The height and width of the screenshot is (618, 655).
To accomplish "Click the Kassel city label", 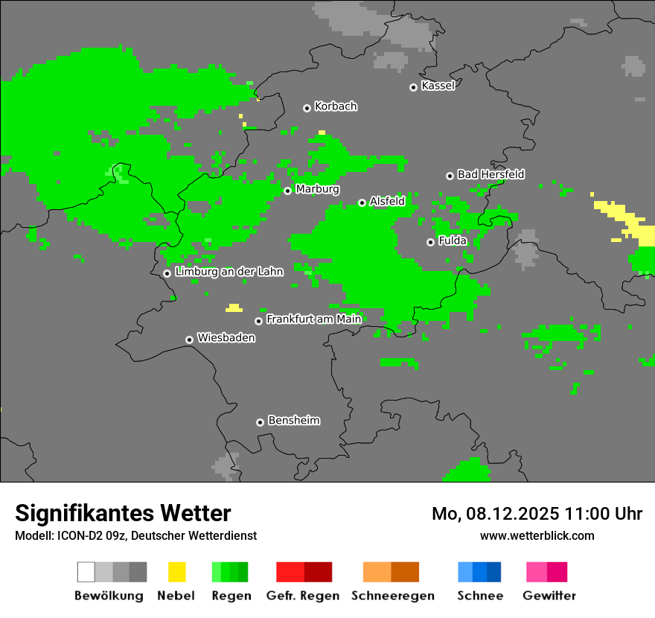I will click(438, 86).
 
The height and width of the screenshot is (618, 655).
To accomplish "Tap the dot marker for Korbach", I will click(307, 108).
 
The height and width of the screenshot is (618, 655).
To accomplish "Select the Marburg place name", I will click(317, 189).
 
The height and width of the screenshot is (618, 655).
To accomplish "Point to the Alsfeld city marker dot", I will click(362, 203).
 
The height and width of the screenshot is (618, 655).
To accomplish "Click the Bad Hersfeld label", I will click(491, 174).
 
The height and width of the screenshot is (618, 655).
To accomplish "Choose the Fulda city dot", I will click(430, 242).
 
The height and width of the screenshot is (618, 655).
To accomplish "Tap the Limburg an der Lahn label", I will click(229, 272).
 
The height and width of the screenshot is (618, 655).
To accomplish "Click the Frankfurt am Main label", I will click(313, 319).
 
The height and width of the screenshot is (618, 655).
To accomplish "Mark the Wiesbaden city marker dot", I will click(189, 340).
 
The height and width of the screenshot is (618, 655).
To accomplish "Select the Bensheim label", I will click(293, 421).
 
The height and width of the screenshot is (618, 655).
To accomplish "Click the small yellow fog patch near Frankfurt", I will click(234, 308).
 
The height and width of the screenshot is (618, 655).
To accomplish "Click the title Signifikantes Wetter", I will click(123, 513).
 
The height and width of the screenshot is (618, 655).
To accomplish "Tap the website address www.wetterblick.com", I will click(537, 535).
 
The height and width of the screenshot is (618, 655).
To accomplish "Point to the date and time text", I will click(537, 514).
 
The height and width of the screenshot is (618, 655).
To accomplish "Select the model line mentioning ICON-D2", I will click(135, 536).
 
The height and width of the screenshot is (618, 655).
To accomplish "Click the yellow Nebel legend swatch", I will click(177, 572).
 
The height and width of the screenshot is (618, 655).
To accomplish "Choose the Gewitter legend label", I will click(549, 596).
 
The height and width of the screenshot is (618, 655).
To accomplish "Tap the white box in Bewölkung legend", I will click(86, 572).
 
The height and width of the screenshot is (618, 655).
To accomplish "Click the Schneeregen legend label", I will click(392, 596).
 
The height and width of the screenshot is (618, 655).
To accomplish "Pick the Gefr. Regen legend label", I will click(303, 596).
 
